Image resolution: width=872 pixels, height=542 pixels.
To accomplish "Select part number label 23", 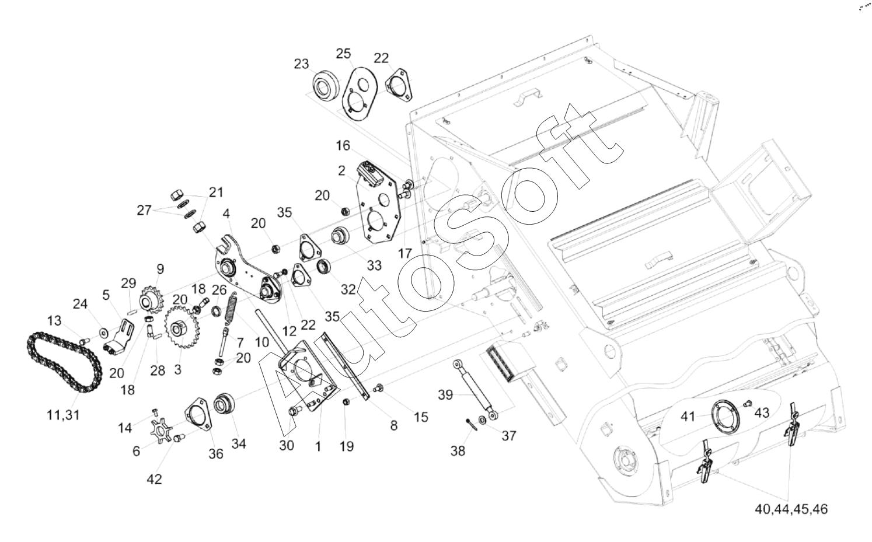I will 301,64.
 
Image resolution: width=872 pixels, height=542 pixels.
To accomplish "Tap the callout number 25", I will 343,54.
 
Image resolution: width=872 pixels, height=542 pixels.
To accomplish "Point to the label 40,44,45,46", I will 791,509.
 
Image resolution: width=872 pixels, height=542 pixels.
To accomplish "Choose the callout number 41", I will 689,417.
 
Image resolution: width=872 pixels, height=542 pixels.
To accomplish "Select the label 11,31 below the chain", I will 64,415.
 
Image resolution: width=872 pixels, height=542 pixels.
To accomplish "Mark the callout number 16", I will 343,145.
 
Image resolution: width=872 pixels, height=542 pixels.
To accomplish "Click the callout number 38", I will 458,450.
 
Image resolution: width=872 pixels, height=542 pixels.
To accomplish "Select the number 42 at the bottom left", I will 154,479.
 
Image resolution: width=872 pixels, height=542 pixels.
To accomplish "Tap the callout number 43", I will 762,412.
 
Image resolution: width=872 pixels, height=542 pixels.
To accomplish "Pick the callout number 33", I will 374,265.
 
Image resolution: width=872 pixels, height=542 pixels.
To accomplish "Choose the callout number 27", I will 145,210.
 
